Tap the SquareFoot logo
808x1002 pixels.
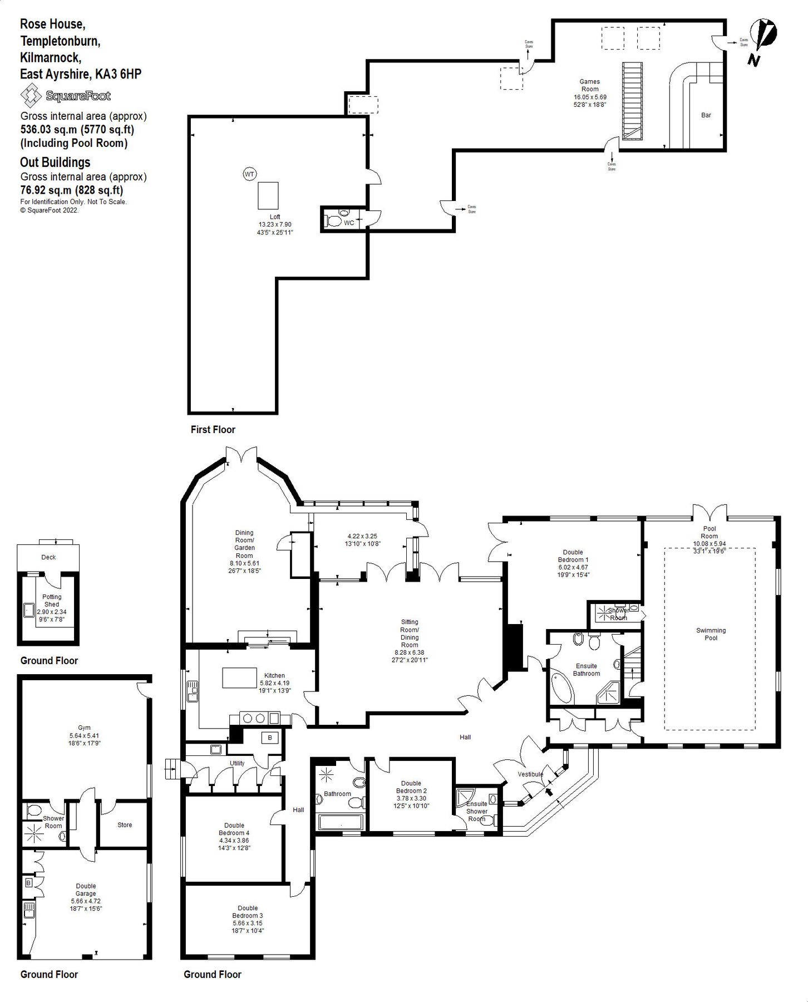click(66, 96)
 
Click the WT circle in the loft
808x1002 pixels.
click(249, 174)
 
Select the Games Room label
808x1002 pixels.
click(590, 85)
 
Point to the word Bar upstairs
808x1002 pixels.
click(706, 115)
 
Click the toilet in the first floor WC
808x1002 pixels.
click(334, 221)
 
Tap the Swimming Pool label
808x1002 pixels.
click(711, 634)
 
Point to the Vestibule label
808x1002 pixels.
click(530, 774)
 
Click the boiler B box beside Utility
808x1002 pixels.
click(270, 738)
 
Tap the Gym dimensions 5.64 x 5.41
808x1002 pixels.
click(84, 735)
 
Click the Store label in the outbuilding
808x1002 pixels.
click(125, 825)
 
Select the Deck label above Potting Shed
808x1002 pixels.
click(48, 557)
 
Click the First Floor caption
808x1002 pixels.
click(213, 430)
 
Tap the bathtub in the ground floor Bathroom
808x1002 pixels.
click(339, 822)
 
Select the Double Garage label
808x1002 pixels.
click(86, 890)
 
